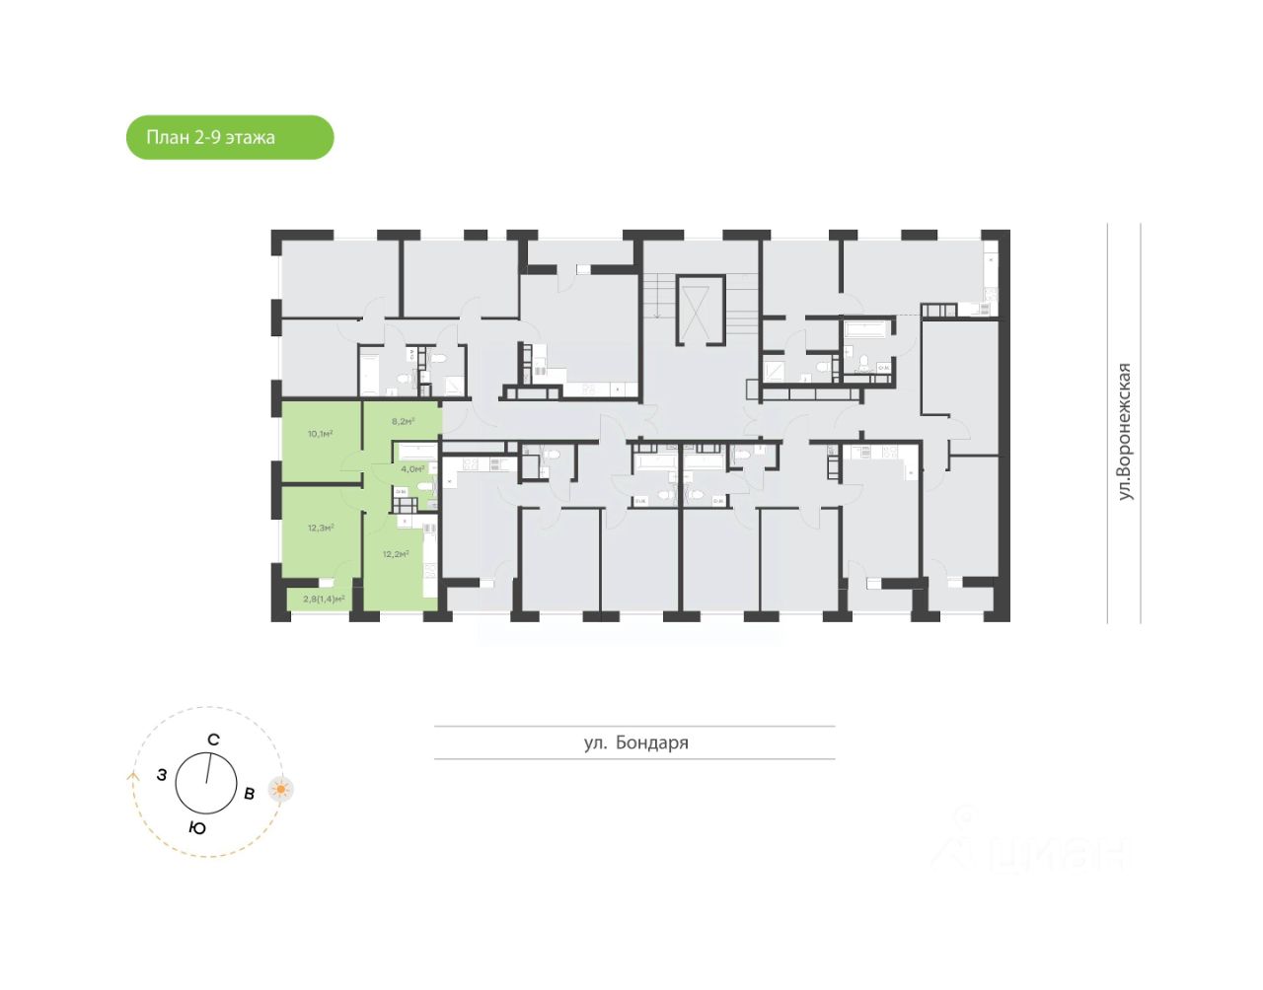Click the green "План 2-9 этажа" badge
tap(230, 137)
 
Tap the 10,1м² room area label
tap(320, 434)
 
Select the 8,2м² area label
tap(403, 421)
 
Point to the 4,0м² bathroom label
tap(412, 469)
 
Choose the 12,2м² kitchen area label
tap(396, 554)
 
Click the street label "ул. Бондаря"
tap(635, 742)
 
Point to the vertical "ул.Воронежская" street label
tap(1124, 431)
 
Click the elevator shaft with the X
tap(699, 311)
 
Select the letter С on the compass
tap(213, 740)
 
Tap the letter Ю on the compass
tap(197, 828)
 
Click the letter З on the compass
tap(162, 775)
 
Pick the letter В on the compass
tap(250, 793)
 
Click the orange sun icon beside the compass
tap(281, 790)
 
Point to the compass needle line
tap(208, 769)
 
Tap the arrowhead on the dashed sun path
tap(133, 775)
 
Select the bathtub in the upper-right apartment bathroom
tap(868, 328)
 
